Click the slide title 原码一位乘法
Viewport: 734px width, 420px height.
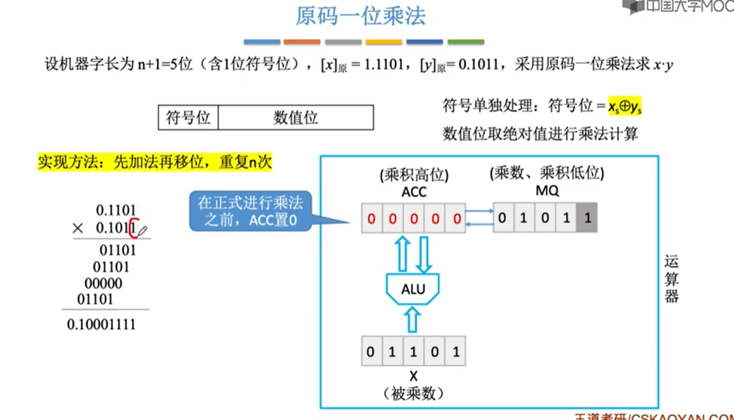pos(361,16)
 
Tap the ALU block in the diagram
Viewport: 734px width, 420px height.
pos(413,289)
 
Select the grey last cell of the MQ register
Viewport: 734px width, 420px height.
pos(587,219)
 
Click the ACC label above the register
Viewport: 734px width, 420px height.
pos(413,191)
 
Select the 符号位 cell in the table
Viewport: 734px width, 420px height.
pos(188,117)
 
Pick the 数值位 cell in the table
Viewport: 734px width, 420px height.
pos(296,117)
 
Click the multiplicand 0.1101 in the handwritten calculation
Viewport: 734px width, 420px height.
pos(116,210)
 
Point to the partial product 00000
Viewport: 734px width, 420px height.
pos(103,283)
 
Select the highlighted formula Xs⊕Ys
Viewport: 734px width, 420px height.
pos(625,106)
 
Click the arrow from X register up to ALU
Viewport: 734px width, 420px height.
pos(413,319)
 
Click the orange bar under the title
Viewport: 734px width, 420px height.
pos(302,42)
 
